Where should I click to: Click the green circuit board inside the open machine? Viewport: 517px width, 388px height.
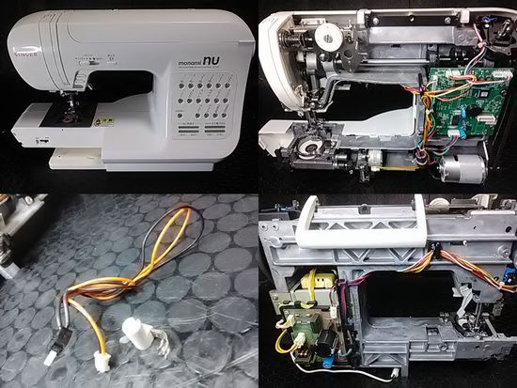(462, 98)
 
